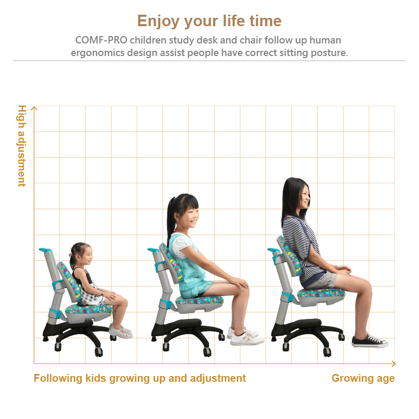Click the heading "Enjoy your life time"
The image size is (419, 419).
click(210, 21)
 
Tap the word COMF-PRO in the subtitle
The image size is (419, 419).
click(101, 40)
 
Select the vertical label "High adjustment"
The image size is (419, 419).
click(22, 146)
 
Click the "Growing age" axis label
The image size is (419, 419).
click(363, 378)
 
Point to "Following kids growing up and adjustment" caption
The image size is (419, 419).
click(140, 378)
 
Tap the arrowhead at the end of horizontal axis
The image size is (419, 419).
click(393, 363)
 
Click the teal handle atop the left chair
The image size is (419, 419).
click(46, 250)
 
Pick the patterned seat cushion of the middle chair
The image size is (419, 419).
click(200, 300)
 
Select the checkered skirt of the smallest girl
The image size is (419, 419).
click(92, 295)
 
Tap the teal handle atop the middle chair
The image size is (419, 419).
click(153, 250)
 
